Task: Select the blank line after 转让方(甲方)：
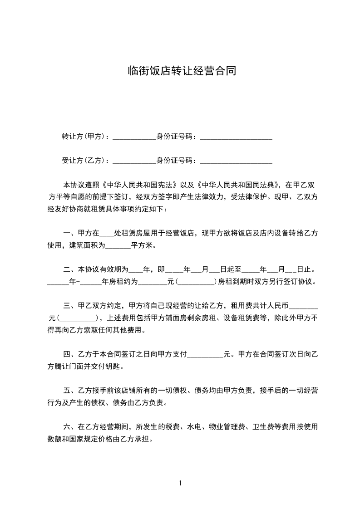tap(134, 137)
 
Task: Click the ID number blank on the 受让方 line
tap(236, 161)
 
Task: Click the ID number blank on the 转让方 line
tap(236, 137)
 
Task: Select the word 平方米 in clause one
tap(143, 245)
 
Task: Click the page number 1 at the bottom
tap(180, 483)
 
